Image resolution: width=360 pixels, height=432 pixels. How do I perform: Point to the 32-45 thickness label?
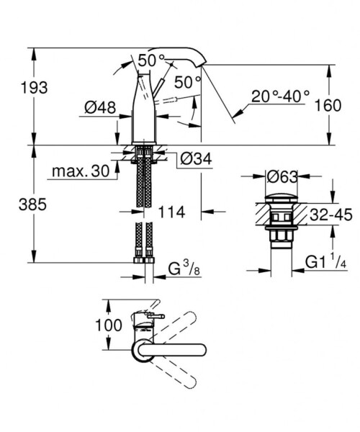[x=332, y=215]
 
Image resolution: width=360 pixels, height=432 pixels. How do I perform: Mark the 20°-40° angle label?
[x=280, y=94]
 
